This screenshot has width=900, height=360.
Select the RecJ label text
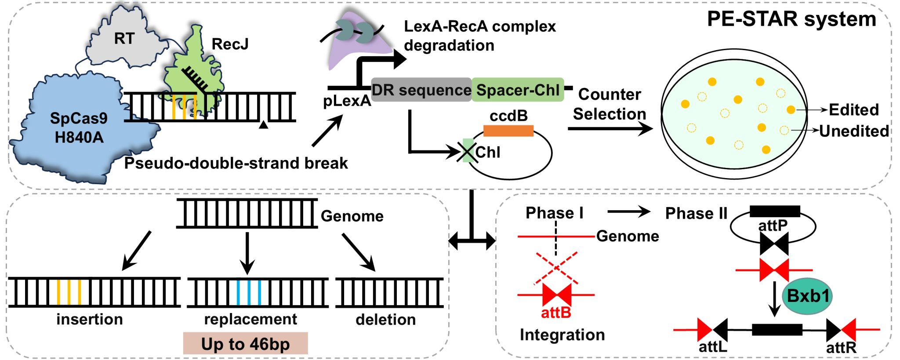pos(230,44)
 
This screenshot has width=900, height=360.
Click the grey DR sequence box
pos(421,90)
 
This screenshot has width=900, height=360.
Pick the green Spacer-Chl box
pos(518,90)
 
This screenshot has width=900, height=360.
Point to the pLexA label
pos(347,101)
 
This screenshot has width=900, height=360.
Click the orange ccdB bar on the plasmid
pos(508,131)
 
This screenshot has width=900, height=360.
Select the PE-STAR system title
pos(791,19)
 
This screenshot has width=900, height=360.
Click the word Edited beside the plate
pos(853,110)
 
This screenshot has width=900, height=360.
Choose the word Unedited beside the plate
pos(854,131)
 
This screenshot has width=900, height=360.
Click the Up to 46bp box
pos(245,344)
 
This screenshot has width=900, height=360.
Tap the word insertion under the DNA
pos(90,319)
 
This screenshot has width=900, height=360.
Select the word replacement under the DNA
pos(250,319)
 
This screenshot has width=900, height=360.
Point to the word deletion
pos(385,320)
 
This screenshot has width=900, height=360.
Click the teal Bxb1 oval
pos(807,296)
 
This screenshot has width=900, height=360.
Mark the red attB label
pos(556,313)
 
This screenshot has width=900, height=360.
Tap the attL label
pos(713,347)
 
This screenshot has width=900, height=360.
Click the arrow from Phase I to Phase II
pos(628,212)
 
